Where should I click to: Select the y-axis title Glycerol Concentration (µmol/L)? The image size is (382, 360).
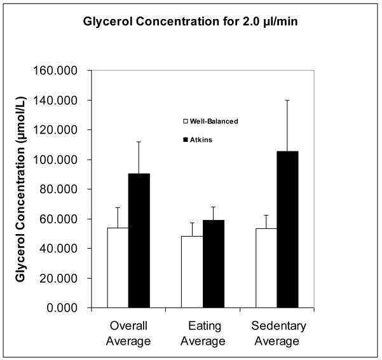20,190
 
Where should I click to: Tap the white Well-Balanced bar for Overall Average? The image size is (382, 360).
118,268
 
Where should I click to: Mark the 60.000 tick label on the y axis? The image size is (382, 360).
65,219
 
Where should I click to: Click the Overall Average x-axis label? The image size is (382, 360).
129,333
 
